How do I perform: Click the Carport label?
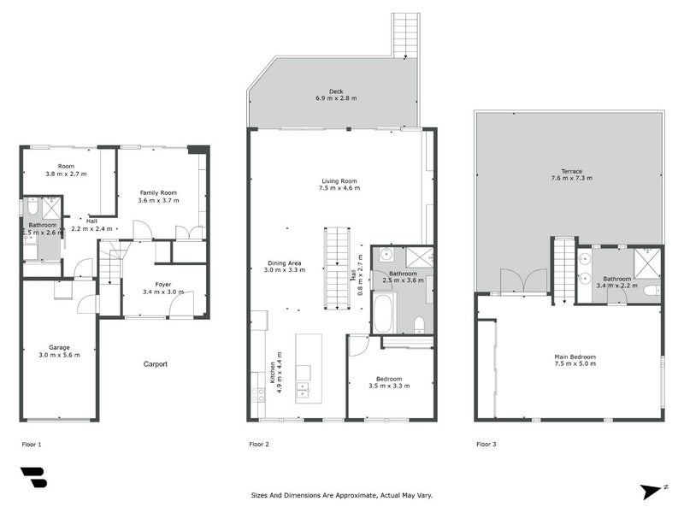[x=155, y=364]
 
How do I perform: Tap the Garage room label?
[x=59, y=351]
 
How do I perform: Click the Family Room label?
[x=158, y=197]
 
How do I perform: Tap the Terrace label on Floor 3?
[x=570, y=174]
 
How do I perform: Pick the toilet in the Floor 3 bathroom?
[x=652, y=291]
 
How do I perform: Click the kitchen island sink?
[x=303, y=390]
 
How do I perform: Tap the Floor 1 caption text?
[x=32, y=445]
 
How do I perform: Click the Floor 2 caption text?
[x=259, y=445]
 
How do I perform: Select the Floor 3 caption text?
[x=486, y=445]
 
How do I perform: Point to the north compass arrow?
[x=653, y=491]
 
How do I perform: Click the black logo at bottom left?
[x=33, y=477]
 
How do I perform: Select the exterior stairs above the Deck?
[x=405, y=36]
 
